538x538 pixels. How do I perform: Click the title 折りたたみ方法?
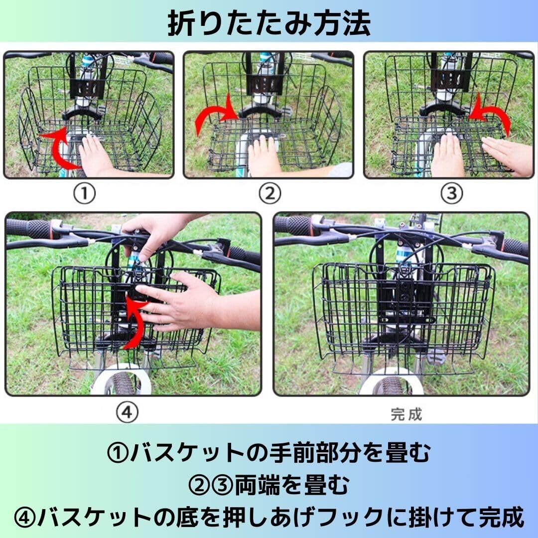pyautogui.click(x=269, y=23)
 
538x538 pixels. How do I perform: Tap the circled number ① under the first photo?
pyautogui.click(x=84, y=193)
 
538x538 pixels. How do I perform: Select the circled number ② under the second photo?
pyautogui.click(x=269, y=193)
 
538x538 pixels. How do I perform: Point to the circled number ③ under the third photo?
pyautogui.click(x=451, y=193)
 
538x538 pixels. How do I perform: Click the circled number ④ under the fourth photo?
pyautogui.click(x=127, y=412)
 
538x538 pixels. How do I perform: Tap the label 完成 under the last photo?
pyautogui.click(x=406, y=414)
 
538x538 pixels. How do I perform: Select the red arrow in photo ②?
pyautogui.click(x=216, y=115)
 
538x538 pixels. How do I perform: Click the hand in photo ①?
pyautogui.click(x=94, y=154)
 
